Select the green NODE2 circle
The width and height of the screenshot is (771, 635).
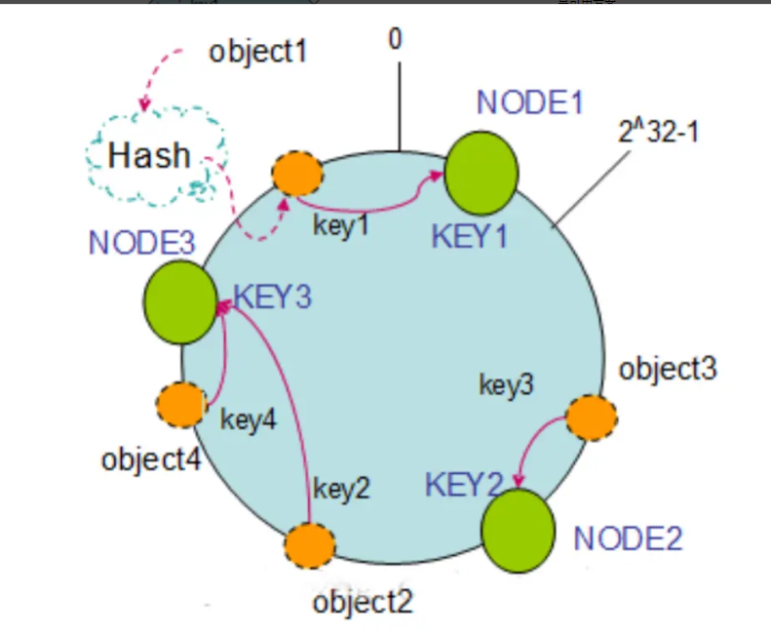point(518,531)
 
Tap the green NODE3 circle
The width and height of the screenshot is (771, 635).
point(180,301)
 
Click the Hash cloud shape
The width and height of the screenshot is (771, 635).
point(152,155)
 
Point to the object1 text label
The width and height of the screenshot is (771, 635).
point(257,50)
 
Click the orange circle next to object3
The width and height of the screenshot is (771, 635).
point(592,417)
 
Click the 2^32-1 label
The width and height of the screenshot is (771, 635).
point(659,131)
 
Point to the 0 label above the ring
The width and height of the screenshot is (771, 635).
point(395,39)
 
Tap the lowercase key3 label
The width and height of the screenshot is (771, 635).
point(506,384)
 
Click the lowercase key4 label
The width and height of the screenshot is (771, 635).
point(249,420)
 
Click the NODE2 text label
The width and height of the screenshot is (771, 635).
point(628,537)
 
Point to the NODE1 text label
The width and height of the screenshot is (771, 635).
point(529,102)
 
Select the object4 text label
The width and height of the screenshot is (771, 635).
point(151,458)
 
